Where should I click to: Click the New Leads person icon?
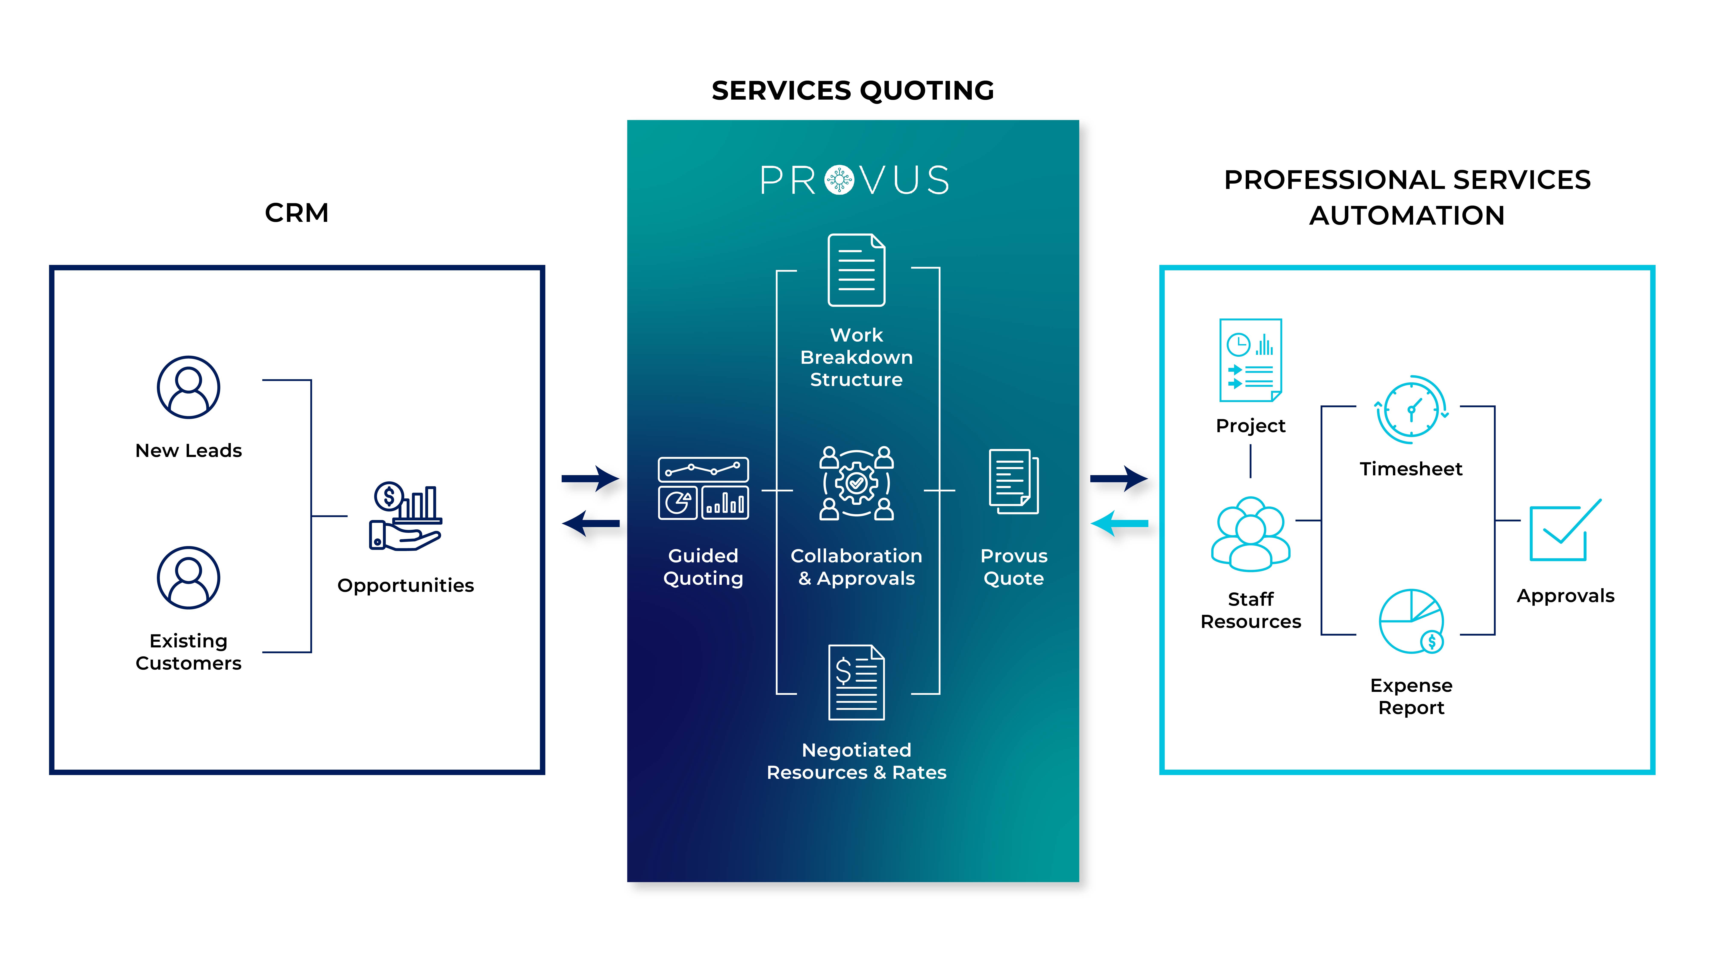189,388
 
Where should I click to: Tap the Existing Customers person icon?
189,577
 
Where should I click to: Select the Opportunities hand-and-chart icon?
405,517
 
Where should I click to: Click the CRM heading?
297,213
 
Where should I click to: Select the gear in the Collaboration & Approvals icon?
856,483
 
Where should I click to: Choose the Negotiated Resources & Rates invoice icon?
856,682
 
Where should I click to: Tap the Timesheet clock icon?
1411,410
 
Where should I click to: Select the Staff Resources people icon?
1251,535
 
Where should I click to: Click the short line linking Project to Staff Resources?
1251,461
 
